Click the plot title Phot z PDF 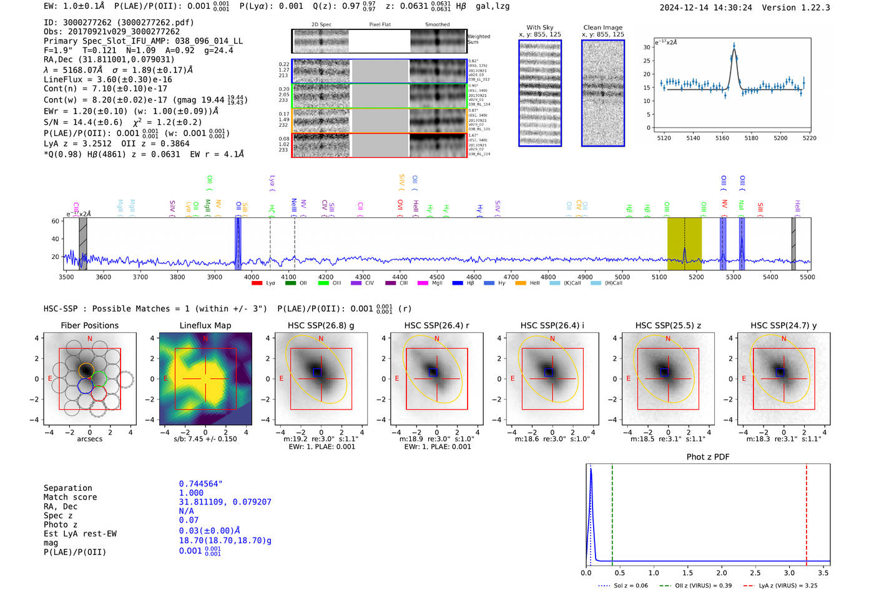708,457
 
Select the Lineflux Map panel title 205,325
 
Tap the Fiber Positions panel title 89,325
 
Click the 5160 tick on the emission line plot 722,138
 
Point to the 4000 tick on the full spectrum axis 252,277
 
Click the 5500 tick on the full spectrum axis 807,277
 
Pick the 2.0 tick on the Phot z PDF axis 722,573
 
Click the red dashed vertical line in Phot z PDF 807,512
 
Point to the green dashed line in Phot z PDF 612,512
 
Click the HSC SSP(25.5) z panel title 667,325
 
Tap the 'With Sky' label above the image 540,27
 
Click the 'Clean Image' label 603,27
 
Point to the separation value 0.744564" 201,484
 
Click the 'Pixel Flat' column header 380,25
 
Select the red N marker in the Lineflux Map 205,339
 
